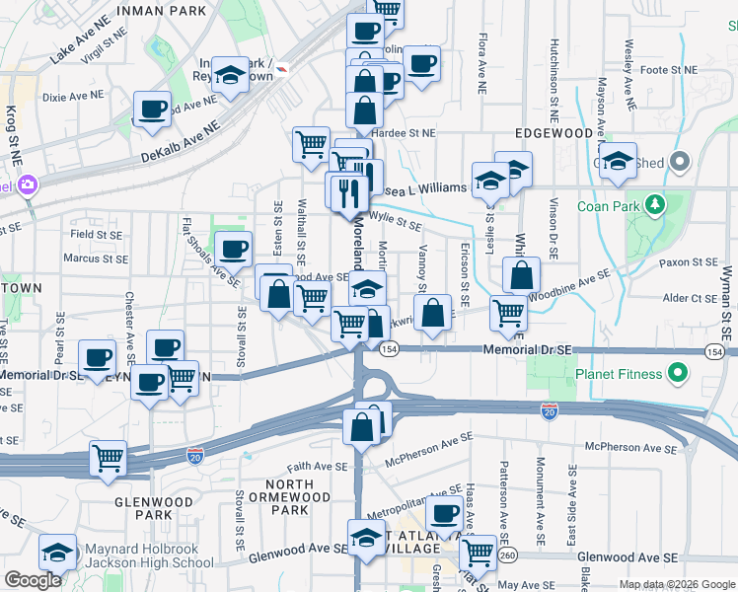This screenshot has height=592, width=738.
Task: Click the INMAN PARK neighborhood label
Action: point(162,11)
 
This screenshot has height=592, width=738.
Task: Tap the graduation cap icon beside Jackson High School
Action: point(58,554)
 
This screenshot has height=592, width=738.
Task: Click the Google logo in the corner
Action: point(33,580)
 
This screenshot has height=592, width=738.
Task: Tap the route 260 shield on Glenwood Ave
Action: point(506,556)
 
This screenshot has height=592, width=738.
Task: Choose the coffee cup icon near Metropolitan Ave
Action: point(445,512)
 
